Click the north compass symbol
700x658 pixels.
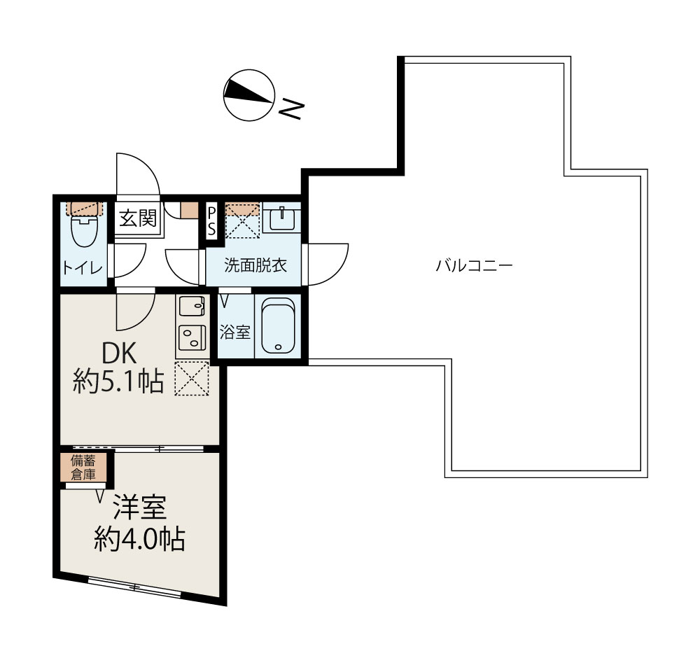click(x=248, y=95)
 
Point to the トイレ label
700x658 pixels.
click(x=83, y=268)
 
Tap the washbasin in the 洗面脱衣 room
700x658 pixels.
click(x=281, y=218)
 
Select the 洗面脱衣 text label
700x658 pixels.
click(x=255, y=265)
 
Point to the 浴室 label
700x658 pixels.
click(x=234, y=332)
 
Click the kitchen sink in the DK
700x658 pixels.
click(x=191, y=307)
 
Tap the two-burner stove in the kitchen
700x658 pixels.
click(x=191, y=338)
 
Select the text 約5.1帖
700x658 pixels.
click(x=119, y=381)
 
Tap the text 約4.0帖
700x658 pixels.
click(x=140, y=539)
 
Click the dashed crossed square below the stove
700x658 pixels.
click(x=191, y=378)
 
